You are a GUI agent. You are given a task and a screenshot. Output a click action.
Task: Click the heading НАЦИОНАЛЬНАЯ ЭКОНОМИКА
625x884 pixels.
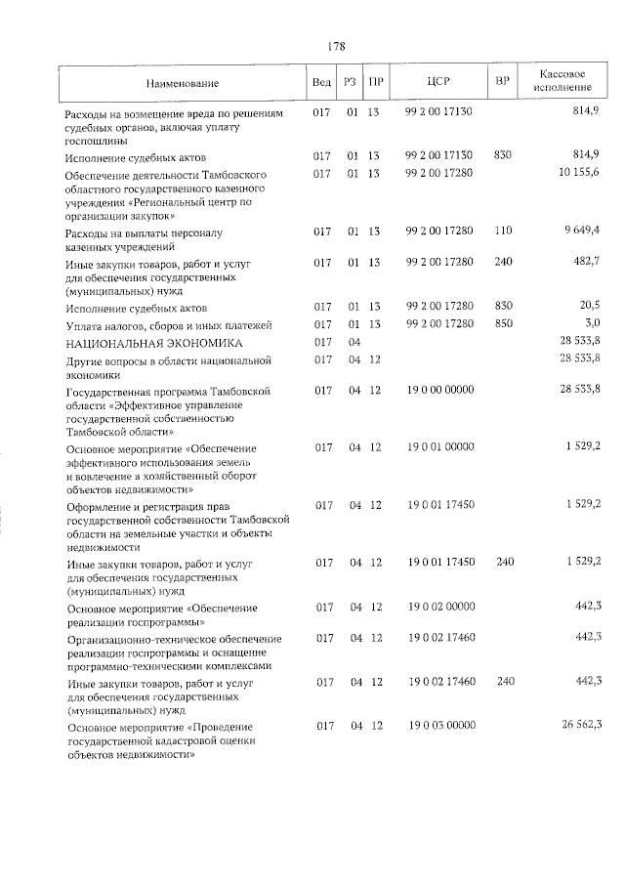point(153,343)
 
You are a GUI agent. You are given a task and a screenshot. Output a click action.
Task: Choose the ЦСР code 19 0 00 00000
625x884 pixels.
point(440,391)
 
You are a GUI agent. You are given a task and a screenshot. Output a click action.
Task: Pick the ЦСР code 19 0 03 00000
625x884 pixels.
point(440,725)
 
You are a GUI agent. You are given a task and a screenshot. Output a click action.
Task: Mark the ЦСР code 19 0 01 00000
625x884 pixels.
point(440,447)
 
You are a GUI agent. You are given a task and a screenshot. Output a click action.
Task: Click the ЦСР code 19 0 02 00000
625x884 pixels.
point(440,607)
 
